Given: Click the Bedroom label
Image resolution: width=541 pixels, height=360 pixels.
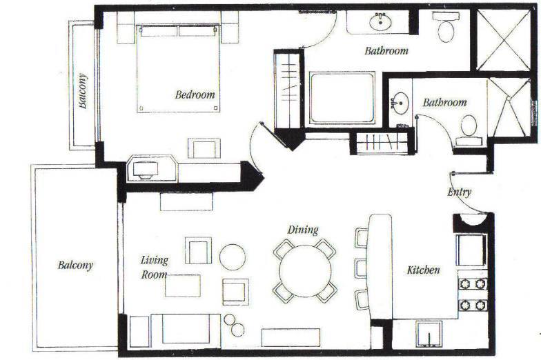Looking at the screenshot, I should tap(195, 95).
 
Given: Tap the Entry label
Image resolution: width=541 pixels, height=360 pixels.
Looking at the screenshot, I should tap(459, 192).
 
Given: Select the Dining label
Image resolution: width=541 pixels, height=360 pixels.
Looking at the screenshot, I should tap(304, 230).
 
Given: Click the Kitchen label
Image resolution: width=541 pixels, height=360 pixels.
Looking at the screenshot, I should tap(423, 270).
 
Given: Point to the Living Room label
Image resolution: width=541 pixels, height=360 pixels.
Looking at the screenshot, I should tap(154, 266).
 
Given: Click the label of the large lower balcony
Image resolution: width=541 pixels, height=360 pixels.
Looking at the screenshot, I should tap(75, 265).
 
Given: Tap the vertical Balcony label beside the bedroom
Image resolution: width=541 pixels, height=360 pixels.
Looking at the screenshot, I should tap(83, 91).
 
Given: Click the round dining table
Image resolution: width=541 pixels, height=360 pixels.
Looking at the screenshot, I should tap(303, 270).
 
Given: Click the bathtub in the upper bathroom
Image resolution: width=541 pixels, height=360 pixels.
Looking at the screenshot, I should tap(342, 98).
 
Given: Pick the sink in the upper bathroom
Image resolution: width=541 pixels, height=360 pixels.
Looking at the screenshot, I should tap(380, 22).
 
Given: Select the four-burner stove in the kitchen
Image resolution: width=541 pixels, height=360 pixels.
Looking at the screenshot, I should tap(473, 292).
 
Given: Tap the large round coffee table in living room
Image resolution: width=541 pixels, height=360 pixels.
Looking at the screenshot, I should tap(233, 257).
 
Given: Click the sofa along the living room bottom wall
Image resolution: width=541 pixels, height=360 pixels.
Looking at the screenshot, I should tap(186, 330).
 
